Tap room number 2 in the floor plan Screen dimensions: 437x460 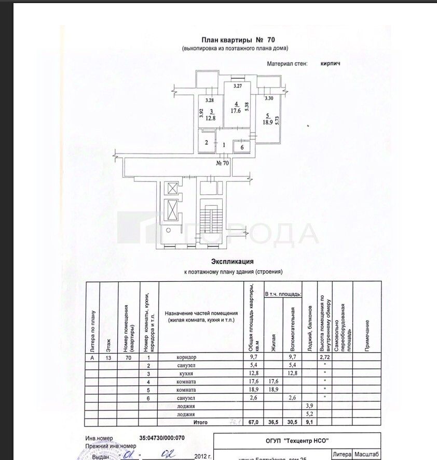(206, 142)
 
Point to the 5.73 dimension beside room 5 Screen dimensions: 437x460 (277, 120)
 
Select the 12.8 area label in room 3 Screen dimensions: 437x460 (210, 118)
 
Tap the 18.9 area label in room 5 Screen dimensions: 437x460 (267, 122)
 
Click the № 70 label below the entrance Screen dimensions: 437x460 (223, 163)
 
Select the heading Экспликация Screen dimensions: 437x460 (232, 262)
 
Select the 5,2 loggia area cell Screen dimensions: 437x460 (310, 414)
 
